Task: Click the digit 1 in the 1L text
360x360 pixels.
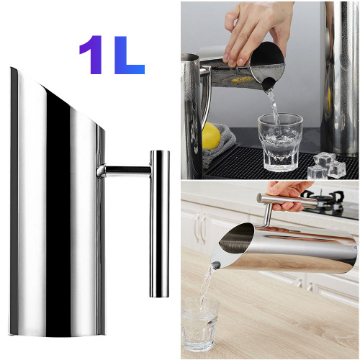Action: (x=91, y=55)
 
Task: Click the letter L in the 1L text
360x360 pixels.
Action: (x=130, y=55)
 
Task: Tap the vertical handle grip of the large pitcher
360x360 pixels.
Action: (x=160, y=224)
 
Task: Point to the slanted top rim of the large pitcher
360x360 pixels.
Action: (x=58, y=99)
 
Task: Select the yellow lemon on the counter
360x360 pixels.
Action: (x=211, y=135)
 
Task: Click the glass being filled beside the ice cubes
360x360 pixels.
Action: (x=279, y=142)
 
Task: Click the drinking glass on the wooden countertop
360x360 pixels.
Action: (x=199, y=326)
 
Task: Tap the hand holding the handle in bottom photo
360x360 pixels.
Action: (x=290, y=194)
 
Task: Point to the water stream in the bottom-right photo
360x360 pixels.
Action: (x=207, y=286)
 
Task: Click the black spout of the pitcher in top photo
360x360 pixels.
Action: (x=269, y=84)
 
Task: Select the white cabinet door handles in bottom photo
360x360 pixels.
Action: (x=200, y=227)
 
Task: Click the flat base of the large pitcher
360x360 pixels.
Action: (x=58, y=335)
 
